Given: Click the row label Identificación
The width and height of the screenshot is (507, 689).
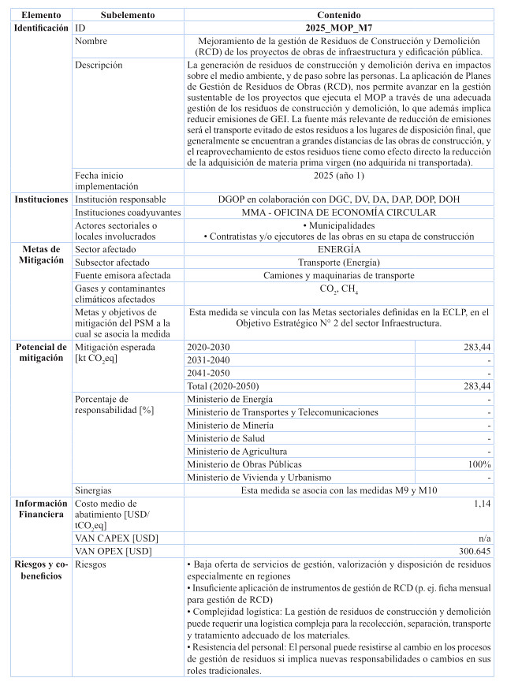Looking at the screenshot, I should [x=42, y=28].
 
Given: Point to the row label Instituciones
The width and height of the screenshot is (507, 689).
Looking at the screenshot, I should [x=42, y=199].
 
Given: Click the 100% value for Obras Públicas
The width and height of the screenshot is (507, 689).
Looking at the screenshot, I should [x=479, y=464].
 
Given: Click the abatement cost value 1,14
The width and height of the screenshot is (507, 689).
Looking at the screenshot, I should [x=482, y=502].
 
